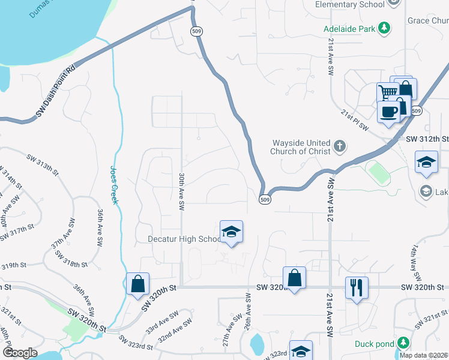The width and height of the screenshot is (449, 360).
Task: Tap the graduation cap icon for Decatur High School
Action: click(x=231, y=232)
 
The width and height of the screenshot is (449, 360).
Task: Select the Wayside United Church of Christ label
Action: click(x=301, y=147)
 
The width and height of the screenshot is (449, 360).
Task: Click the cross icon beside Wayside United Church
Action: click(x=340, y=146)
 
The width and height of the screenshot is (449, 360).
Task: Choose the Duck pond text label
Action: click(x=374, y=344)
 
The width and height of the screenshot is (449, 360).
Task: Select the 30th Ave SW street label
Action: click(x=181, y=191)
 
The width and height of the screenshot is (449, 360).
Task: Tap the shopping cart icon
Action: click(x=387, y=93)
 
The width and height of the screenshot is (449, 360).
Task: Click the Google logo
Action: click(x=20, y=352)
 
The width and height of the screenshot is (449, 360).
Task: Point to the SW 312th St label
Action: click(x=427, y=139)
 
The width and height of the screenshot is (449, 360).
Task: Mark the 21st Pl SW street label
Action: click(x=354, y=115)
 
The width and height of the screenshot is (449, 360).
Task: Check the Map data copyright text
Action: click(x=423, y=355)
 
